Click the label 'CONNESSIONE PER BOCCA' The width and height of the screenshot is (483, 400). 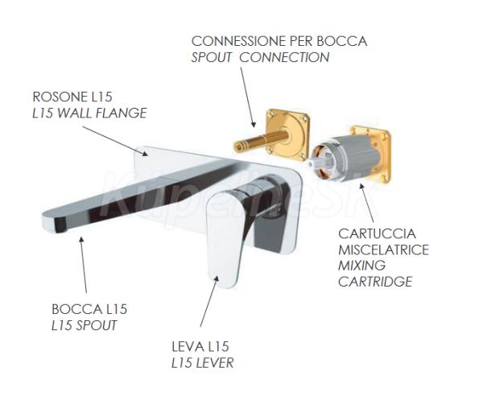279,41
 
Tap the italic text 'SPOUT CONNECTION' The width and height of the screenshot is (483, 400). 260,58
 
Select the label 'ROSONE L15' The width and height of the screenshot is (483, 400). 72,97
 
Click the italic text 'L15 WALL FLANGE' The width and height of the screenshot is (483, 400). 89,113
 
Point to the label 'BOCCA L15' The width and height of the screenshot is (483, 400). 89,309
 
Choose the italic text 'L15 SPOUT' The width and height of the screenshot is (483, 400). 84,325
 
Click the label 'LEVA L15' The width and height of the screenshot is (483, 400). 200,347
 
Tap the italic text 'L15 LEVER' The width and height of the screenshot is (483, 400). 202,363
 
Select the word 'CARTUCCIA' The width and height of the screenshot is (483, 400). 377,233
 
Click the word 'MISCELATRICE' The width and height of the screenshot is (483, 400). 383,249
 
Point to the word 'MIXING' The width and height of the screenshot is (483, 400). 361,266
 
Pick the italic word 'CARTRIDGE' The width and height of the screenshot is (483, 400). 375,282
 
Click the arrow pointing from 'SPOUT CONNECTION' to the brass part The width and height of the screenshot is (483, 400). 248,97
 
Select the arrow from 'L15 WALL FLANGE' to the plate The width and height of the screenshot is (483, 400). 114,141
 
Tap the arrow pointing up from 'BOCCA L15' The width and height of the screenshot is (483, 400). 83,265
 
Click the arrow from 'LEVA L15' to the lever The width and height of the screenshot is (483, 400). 209,301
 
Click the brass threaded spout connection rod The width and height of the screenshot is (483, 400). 261,140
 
